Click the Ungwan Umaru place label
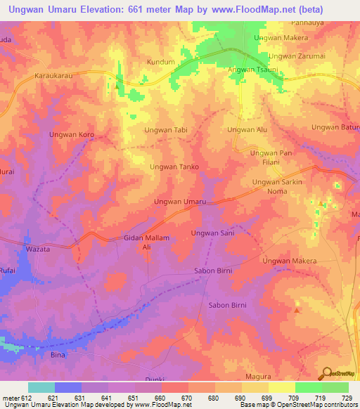coord(180,202)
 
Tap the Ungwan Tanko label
coord(174,167)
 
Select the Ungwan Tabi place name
coord(166,130)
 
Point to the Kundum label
coord(160,62)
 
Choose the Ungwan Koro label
coord(71,134)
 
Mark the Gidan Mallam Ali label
coord(147,243)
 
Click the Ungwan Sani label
coord(212,233)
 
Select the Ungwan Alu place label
coord(247,130)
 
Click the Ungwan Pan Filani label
coord(271,157)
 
